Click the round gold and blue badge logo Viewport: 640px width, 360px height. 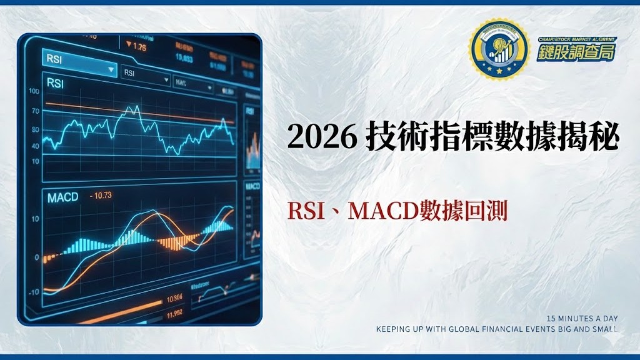coord(498,49)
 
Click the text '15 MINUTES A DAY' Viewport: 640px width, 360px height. coord(582,319)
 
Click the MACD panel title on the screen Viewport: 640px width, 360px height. coord(63,197)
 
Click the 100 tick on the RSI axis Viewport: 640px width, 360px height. coord(34,91)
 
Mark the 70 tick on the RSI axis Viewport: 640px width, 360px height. coord(35,111)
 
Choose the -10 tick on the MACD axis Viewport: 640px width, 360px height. coord(33,292)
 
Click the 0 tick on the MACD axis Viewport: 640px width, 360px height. coord(37,257)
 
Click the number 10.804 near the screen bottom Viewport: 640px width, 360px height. coord(174,297)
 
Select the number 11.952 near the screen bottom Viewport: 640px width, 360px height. coord(174,312)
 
